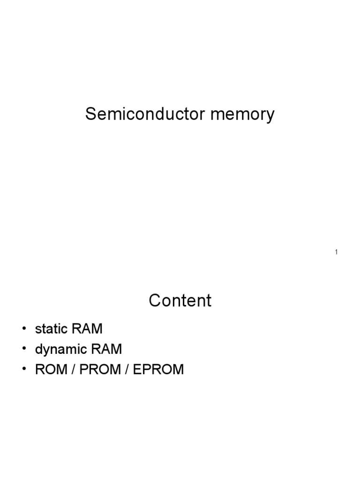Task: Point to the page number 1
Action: (x=336, y=253)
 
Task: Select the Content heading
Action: (x=180, y=300)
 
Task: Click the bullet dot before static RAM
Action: (x=24, y=329)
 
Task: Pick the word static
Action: (x=52, y=329)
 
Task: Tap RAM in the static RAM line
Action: (x=87, y=329)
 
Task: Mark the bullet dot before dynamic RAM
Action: (x=24, y=350)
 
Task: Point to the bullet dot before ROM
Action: (x=24, y=370)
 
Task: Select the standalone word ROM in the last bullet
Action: (x=51, y=370)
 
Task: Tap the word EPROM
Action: (x=158, y=370)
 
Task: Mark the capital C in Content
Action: (x=155, y=300)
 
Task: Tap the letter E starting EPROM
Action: (x=137, y=370)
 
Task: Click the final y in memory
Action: (x=270, y=116)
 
